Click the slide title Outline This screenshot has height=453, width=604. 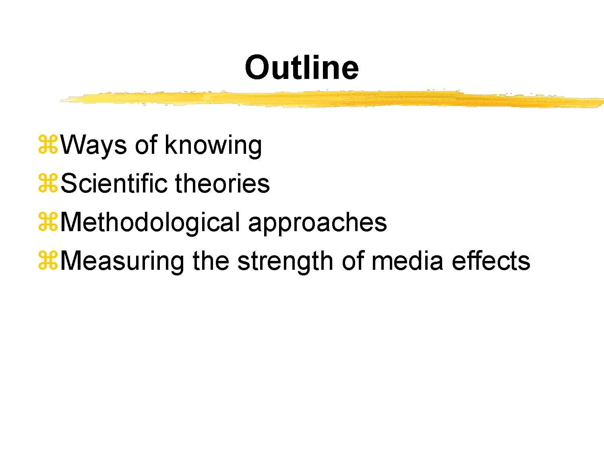pos(302,67)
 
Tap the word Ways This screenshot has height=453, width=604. pos(93,145)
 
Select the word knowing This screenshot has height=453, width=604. pos(213,145)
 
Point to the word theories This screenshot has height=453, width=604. pos(222,184)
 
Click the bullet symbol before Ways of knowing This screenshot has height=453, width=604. pos(48,145)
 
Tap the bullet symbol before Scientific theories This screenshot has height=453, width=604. pos(48,184)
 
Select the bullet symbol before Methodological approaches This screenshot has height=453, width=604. pos(48,222)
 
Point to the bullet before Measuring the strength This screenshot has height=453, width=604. pos(48,261)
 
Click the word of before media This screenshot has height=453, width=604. pos(353,261)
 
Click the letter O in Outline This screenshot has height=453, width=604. pos(258,67)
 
